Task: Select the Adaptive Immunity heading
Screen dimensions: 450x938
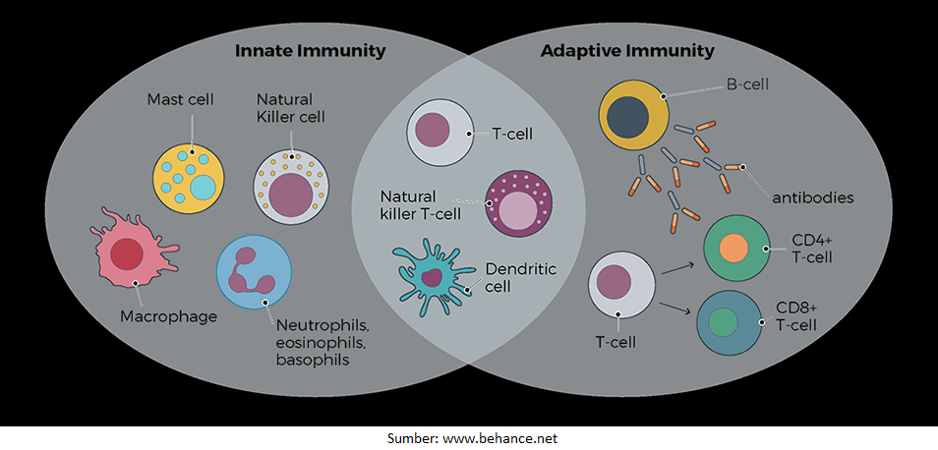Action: coord(627,50)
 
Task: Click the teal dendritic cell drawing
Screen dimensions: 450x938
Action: coord(433,276)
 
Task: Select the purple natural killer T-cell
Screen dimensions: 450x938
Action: coord(519,204)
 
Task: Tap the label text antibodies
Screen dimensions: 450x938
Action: coord(812,197)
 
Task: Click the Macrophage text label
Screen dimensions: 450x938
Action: coord(168,316)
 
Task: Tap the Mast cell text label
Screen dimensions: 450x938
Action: coord(180,99)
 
